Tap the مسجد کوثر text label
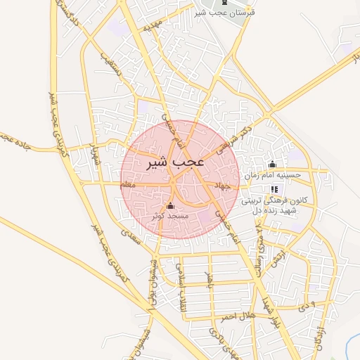click(x=169, y=215)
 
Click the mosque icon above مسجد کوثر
click(x=169, y=205)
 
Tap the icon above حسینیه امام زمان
click(x=272, y=165)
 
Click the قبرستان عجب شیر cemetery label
click(x=225, y=13)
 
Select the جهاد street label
click(x=224, y=186)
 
